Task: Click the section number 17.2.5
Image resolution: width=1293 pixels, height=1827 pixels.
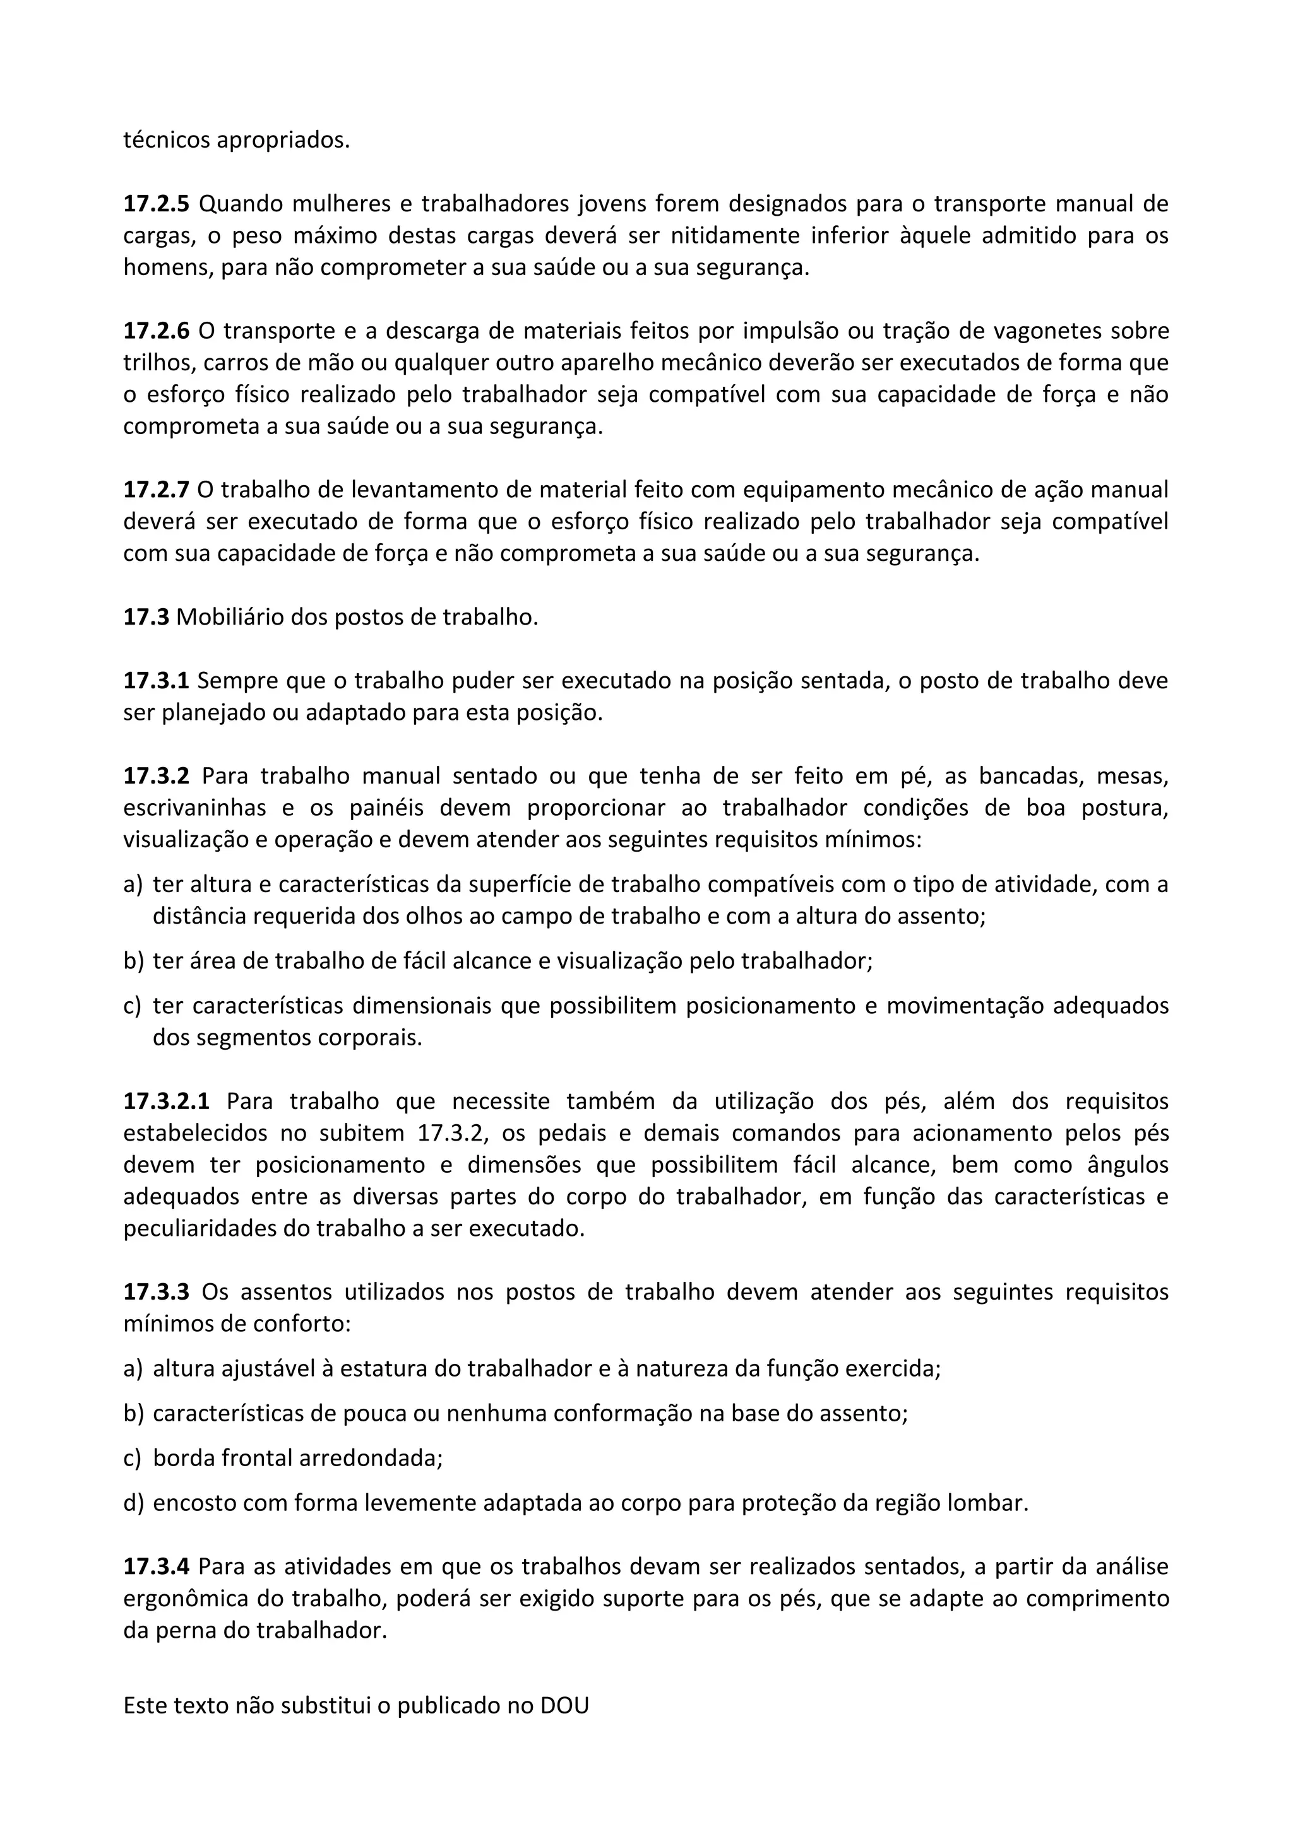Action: [x=156, y=204]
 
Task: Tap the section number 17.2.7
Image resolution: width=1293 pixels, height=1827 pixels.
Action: [x=156, y=490]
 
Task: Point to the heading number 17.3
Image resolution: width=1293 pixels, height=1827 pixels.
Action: [x=146, y=618]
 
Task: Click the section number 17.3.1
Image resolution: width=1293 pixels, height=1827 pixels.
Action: [x=156, y=681]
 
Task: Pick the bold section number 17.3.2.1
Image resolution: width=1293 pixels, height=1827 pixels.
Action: [x=167, y=1102]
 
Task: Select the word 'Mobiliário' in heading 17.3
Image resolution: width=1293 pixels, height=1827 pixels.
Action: [x=229, y=618]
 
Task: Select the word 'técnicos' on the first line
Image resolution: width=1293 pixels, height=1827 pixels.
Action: [x=167, y=141]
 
